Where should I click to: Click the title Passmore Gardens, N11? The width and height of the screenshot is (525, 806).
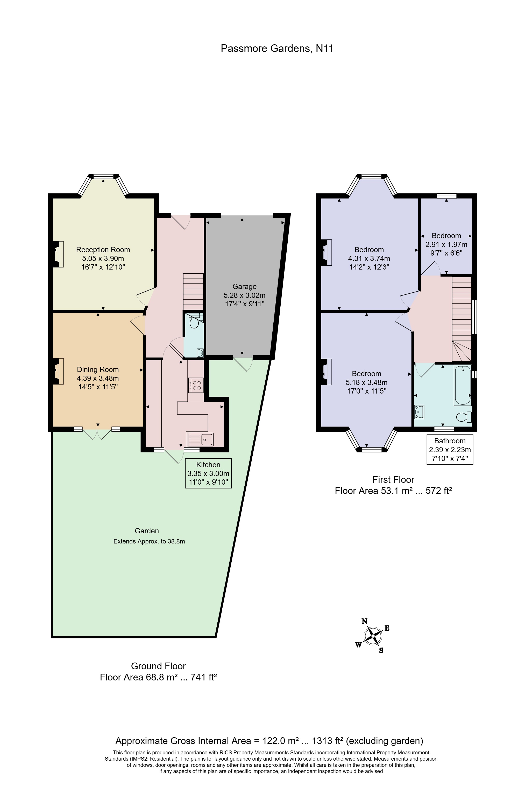point(277,49)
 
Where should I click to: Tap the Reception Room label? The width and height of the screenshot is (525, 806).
point(103,250)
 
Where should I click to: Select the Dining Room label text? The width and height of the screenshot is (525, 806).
point(98,369)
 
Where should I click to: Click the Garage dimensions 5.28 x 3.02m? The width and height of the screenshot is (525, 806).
point(244,295)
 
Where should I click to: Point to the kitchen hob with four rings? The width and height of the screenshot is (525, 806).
point(196,385)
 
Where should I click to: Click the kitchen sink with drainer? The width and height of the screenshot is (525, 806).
point(200,439)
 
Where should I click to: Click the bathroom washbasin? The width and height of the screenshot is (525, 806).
point(419,411)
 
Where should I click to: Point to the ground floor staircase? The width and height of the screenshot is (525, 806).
point(193,292)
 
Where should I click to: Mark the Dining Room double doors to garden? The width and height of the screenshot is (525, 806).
point(97,433)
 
